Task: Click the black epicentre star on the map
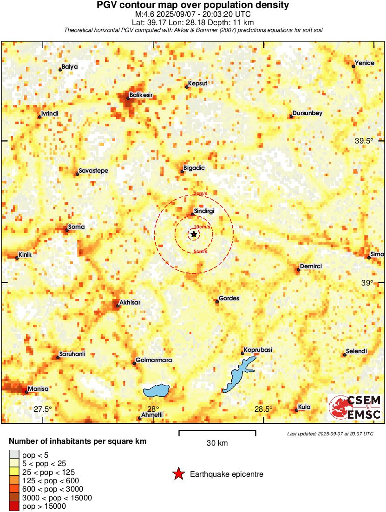tap(194, 234)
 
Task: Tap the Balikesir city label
tap(141, 95)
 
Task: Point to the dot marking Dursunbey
tap(291, 116)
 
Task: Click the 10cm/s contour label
tap(202, 227)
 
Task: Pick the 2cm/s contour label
tap(201, 194)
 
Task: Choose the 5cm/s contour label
tap(200, 252)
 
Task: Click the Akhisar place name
tap(130, 303)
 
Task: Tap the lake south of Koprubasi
tap(237, 375)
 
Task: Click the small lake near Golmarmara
tap(156, 390)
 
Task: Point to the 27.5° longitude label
tap(43, 409)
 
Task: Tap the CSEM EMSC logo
tap(355, 407)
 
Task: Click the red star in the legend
tap(178, 474)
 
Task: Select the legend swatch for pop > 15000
tap(14, 506)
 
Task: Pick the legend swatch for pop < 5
tap(14, 455)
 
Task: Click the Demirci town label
tap(311, 266)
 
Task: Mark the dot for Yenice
tap(353, 66)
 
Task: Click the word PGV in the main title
tap(107, 6)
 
